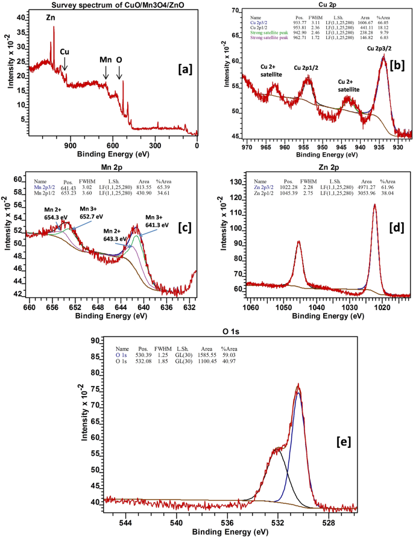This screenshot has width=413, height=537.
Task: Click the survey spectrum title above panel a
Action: click(113, 5)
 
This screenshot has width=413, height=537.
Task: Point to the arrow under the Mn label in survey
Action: click(106, 72)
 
